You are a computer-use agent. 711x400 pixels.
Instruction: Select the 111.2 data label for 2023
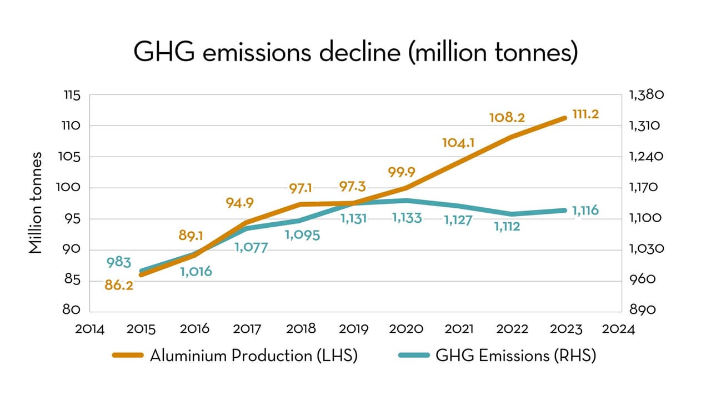click(x=585, y=116)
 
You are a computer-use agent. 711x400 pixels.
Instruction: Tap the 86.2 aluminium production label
click(x=119, y=286)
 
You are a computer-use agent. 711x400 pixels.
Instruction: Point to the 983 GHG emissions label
click(x=119, y=262)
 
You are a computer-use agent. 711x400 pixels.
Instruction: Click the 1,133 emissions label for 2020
click(x=407, y=218)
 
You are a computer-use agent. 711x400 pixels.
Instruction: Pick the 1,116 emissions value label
click(x=585, y=211)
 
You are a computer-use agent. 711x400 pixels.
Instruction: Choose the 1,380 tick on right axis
click(x=646, y=95)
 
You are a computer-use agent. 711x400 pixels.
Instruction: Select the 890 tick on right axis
click(x=642, y=311)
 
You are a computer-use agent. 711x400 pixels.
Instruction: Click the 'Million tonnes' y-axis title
click(x=36, y=202)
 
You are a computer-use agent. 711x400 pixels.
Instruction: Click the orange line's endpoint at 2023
click(x=564, y=118)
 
